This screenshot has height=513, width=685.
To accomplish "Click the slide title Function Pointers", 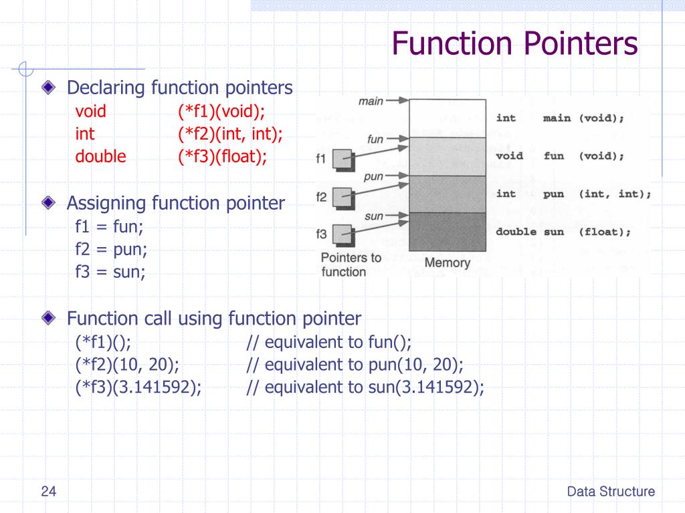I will click(x=514, y=45).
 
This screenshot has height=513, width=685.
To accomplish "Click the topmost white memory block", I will click(x=447, y=118).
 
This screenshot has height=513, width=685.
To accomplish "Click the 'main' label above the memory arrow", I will click(x=371, y=101).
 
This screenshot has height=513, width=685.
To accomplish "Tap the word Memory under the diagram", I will click(x=447, y=263).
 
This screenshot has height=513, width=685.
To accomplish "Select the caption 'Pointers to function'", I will click(x=351, y=265).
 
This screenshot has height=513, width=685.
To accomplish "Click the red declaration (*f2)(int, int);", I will click(x=230, y=134).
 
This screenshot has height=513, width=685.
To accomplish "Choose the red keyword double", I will click(x=100, y=156).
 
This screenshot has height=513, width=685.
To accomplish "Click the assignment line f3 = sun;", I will click(x=110, y=272).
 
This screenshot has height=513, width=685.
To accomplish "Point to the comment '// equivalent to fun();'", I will click(x=328, y=343).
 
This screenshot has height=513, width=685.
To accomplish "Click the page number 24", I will click(x=48, y=492).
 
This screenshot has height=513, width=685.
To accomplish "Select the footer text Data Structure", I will click(x=611, y=492).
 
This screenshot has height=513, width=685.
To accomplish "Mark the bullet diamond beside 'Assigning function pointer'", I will click(x=48, y=202).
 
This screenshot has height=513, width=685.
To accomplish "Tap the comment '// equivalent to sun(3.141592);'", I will click(x=365, y=387).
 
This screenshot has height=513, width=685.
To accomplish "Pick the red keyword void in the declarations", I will click(x=91, y=111).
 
